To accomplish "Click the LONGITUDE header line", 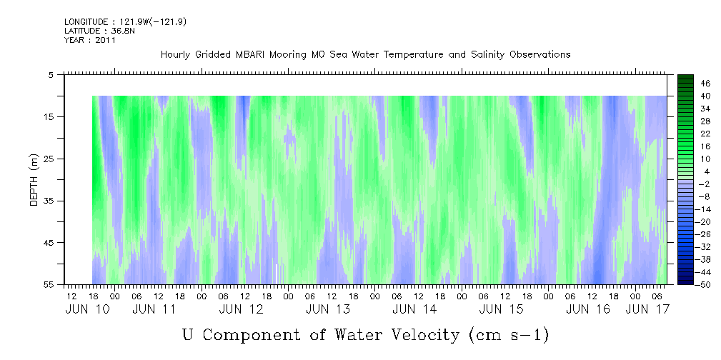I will [x=126, y=22].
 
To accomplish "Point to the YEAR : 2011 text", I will [x=89, y=40].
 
